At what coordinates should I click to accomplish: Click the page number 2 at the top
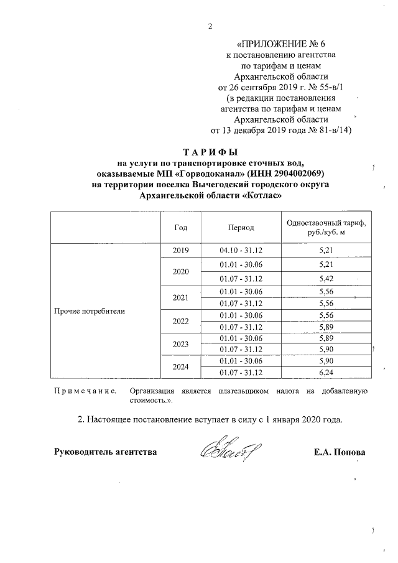tap(210, 26)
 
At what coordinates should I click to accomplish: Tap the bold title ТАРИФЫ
tap(210, 152)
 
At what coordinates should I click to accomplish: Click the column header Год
tap(181, 228)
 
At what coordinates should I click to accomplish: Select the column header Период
tap(241, 228)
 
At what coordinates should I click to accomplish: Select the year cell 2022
tap(181, 320)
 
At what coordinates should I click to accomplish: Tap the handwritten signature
tap(229, 450)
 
